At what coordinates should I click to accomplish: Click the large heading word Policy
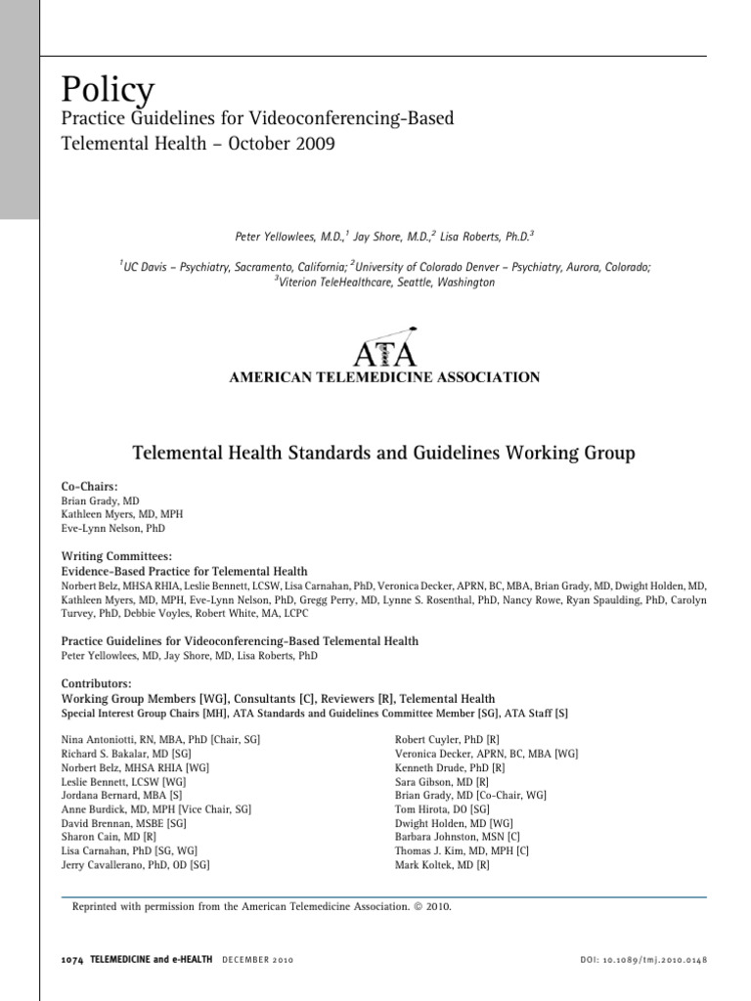[x=108, y=90]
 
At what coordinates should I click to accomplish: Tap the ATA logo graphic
[x=383, y=346]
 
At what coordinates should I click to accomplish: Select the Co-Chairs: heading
[x=90, y=486]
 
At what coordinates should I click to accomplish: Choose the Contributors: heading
[x=96, y=684]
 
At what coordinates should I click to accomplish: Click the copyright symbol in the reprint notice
[x=419, y=907]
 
